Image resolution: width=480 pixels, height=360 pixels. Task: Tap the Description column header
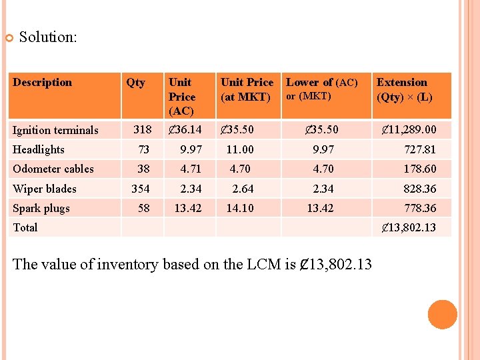(42, 83)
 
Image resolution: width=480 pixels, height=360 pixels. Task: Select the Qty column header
(135, 83)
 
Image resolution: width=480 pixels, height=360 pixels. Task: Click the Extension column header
(401, 83)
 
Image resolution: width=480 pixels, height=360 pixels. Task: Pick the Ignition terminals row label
(55, 130)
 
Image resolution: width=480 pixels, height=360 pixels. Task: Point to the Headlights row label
(39, 149)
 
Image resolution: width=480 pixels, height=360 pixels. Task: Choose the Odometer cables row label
(53, 169)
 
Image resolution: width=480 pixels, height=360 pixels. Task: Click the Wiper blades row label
(45, 189)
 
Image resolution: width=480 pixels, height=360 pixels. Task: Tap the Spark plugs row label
(41, 208)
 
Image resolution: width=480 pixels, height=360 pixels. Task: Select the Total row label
(25, 227)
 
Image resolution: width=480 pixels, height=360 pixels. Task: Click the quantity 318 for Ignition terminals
(143, 129)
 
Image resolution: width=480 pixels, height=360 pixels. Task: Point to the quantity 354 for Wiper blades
(141, 189)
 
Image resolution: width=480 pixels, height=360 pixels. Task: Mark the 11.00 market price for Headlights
(240, 149)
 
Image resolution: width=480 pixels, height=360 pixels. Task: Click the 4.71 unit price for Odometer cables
(191, 169)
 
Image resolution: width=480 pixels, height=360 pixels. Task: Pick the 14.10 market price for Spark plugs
(240, 208)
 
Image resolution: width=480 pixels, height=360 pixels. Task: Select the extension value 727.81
(420, 149)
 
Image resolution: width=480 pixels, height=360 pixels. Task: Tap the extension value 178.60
(420, 169)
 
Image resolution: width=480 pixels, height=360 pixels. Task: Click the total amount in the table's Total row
(409, 227)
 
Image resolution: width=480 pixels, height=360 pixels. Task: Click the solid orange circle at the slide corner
(443, 315)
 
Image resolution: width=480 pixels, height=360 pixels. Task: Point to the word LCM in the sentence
(263, 264)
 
